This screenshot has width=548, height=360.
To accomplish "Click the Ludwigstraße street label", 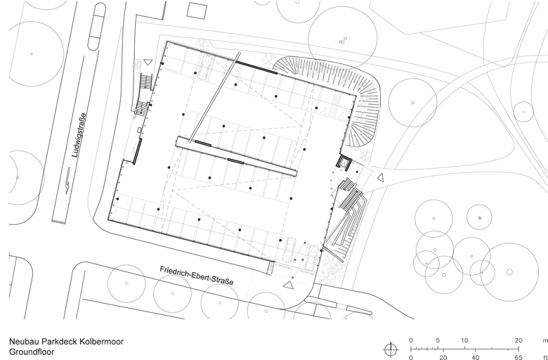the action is click(79, 135).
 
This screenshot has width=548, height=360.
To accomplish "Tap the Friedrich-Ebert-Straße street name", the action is click(197, 276).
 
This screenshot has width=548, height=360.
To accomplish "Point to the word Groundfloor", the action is click(32, 352).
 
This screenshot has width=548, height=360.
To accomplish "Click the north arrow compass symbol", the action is click(391, 349).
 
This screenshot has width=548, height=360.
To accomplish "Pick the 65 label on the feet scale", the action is click(518, 357).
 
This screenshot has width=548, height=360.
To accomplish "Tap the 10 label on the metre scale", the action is click(464, 340).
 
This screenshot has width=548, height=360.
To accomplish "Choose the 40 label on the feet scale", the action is click(475, 357).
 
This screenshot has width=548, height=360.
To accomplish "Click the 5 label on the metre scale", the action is click(438, 340).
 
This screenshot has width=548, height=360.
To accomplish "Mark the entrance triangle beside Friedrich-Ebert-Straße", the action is click(288, 285).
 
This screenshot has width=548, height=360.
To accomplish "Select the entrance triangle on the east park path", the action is click(381, 178).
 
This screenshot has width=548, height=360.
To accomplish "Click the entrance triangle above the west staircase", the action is click(148, 62).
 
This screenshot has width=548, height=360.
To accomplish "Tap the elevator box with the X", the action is click(344, 162).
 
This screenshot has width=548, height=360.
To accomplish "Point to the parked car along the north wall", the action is click(204, 67).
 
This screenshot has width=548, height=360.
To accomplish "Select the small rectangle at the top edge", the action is click(197, 11).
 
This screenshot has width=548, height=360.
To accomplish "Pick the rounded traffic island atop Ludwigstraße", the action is click(96, 26).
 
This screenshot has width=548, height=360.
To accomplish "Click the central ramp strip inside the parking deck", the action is click(236, 156).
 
